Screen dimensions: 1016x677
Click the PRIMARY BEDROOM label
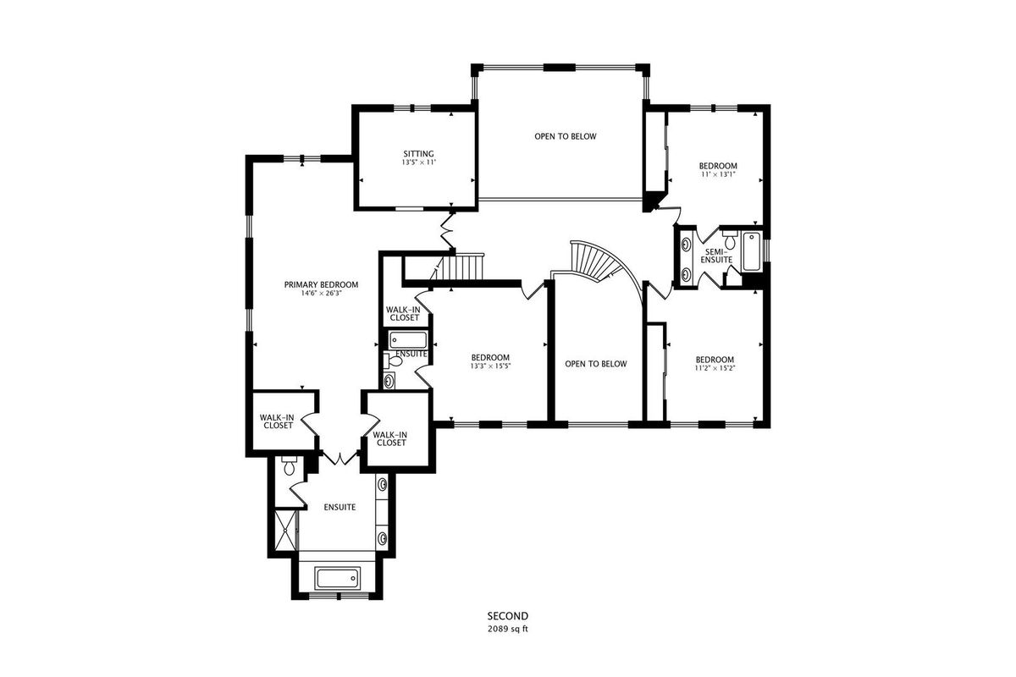coord(321,285)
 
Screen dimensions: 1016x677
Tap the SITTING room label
coord(418,154)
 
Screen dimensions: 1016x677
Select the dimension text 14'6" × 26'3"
coord(321,294)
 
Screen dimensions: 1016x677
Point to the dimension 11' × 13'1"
coord(718,173)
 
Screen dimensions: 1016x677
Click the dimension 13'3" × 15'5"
coord(490,366)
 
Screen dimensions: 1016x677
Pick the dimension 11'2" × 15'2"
coord(715,368)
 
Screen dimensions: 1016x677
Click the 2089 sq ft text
coord(508,629)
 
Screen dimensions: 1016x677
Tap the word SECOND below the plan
coord(508,616)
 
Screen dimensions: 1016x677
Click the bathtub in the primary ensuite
coord(338,579)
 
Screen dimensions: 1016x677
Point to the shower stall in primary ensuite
coord(286,530)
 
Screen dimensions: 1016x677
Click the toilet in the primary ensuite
coord(289,465)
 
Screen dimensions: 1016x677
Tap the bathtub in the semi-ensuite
coord(752,251)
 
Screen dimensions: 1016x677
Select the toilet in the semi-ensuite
coord(730,239)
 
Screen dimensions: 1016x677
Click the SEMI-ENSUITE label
coord(716,256)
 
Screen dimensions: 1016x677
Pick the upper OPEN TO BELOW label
coord(566,136)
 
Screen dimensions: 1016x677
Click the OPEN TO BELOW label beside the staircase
coord(596,364)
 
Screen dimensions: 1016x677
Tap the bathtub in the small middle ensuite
coord(408,340)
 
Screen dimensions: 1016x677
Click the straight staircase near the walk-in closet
coord(458,267)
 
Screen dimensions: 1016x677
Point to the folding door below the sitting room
coord(447,230)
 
